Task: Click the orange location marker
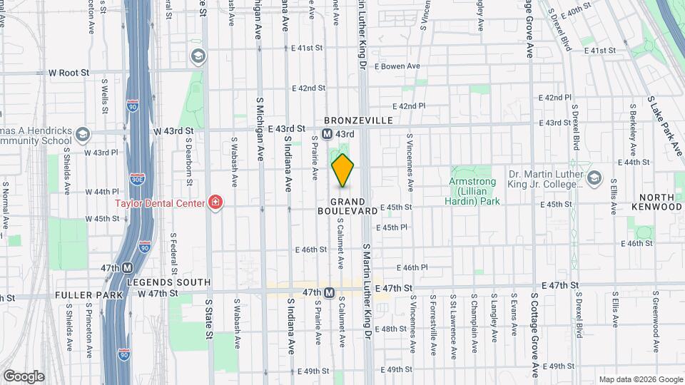coord(343,170)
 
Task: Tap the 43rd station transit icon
coord(327,134)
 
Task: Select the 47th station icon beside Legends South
coord(128,268)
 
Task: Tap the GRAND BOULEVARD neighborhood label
coord(348,207)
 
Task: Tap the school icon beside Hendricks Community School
coord(83,134)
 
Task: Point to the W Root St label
coord(68,73)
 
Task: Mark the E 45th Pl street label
coord(394,227)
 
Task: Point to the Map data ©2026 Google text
coord(640,379)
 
